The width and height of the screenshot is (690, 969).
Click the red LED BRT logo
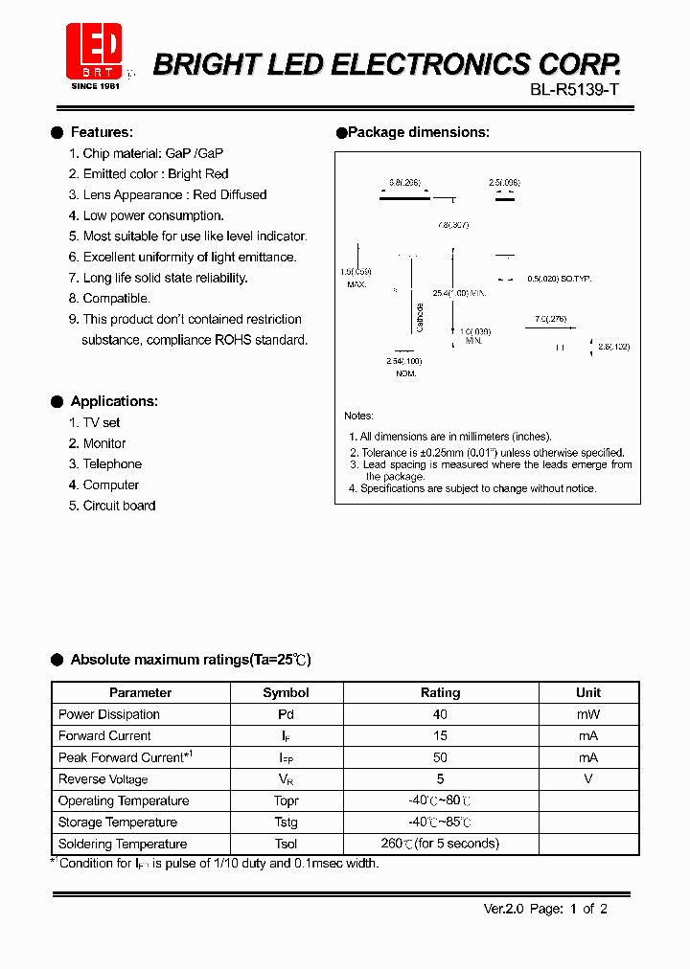[x=94, y=53]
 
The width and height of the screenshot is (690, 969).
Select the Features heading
[x=102, y=132]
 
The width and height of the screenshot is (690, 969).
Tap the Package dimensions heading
[x=418, y=132]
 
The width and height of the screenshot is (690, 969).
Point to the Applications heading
[x=114, y=401]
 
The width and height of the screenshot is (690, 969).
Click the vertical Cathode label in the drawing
[x=420, y=317]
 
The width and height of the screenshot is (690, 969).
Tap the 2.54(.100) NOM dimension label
[x=403, y=362]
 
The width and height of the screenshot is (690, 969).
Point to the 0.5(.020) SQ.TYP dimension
[x=560, y=278]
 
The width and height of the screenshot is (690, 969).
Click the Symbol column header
[x=286, y=692]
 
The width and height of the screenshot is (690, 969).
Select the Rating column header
[x=441, y=692]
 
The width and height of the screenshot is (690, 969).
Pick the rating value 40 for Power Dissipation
[x=441, y=714]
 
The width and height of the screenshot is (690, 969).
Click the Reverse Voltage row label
[x=103, y=779]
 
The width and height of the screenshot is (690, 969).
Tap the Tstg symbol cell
[x=286, y=823]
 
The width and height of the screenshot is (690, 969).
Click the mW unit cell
[x=588, y=714]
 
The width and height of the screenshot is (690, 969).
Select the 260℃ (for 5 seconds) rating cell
[x=441, y=844]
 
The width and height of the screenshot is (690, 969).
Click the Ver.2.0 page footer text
[x=544, y=909]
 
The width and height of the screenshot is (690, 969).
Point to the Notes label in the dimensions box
[x=358, y=416]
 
